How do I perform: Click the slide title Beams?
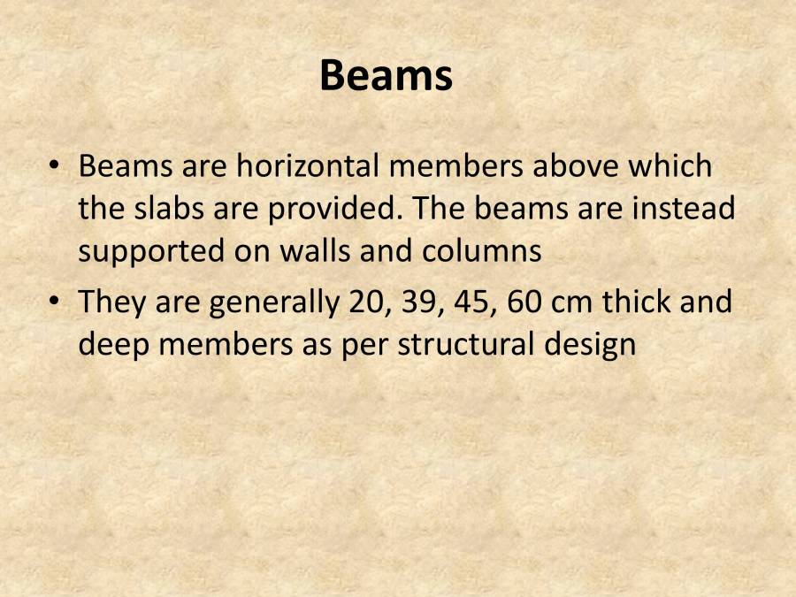386,76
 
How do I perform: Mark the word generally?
273,303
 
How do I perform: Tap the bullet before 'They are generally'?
57,302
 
